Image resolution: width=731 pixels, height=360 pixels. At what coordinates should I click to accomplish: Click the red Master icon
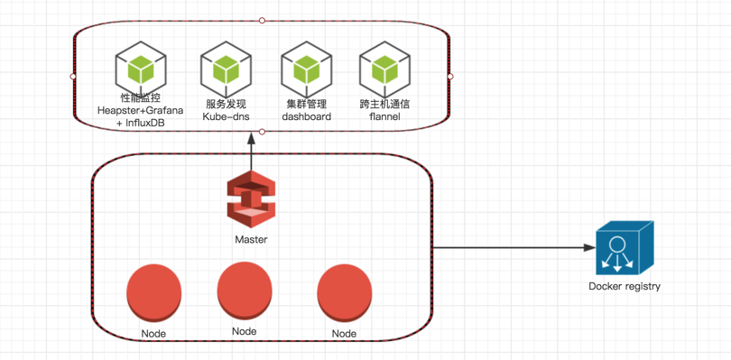(x=251, y=199)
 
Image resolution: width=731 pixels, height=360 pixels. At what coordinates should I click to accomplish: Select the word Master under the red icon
(x=251, y=240)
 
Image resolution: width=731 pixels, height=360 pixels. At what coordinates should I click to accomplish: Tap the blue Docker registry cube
(x=625, y=248)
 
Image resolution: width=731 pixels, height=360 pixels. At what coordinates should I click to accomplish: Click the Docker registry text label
(x=625, y=286)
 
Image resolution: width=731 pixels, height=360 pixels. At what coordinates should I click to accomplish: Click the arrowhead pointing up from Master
(x=251, y=139)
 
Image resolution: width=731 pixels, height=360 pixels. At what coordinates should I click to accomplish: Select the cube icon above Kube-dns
(x=227, y=69)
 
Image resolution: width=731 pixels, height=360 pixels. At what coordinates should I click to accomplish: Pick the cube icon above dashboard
(x=307, y=69)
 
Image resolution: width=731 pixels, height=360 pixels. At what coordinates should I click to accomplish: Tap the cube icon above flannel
(x=385, y=69)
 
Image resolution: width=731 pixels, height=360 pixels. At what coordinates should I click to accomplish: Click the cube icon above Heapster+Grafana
(x=142, y=69)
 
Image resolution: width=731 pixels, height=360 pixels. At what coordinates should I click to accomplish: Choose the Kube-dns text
(x=226, y=116)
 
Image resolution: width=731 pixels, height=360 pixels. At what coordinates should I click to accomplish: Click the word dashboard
(x=307, y=116)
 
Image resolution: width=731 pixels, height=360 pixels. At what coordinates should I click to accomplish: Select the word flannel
(x=384, y=116)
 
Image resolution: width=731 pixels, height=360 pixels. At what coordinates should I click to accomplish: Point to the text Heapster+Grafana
(x=140, y=110)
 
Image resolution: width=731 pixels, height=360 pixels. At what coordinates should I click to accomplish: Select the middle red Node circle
(x=245, y=290)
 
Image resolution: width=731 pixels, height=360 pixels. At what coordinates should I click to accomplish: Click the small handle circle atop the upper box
(x=262, y=21)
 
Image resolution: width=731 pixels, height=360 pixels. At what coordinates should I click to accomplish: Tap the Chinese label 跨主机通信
(x=384, y=104)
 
